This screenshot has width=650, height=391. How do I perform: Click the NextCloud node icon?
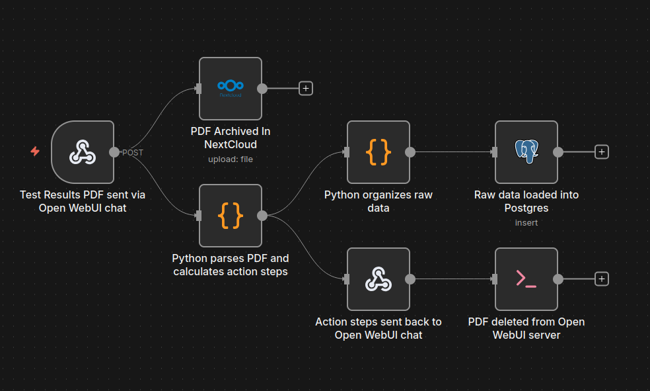(x=231, y=88)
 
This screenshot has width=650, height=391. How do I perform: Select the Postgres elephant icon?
(x=526, y=152)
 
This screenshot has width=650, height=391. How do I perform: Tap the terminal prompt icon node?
(x=526, y=279)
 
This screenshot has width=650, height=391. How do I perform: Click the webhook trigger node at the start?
(x=83, y=152)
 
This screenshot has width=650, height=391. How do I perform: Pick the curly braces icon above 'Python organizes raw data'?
(x=379, y=152)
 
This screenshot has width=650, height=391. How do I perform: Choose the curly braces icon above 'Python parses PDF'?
(x=231, y=215)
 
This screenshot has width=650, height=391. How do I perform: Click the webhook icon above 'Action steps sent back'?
(x=379, y=279)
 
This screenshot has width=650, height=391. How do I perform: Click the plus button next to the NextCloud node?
(x=305, y=88)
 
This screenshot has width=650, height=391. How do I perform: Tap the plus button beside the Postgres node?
(x=601, y=152)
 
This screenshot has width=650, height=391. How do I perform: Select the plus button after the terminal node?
(x=601, y=279)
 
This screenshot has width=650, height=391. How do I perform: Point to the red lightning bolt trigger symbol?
(x=35, y=152)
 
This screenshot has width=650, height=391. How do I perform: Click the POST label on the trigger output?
(x=132, y=152)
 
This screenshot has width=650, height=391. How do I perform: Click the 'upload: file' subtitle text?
(x=231, y=159)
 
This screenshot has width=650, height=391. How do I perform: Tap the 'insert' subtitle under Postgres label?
(x=526, y=222)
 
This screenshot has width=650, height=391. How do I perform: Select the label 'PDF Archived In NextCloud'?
(x=231, y=138)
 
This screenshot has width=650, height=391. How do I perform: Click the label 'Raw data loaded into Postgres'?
(x=526, y=201)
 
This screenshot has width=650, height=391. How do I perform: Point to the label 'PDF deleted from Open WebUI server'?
(x=526, y=328)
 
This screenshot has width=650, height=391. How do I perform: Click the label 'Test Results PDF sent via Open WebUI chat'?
(x=83, y=201)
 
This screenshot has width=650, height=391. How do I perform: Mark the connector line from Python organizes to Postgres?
(x=452, y=152)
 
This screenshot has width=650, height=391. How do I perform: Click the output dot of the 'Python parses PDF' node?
(x=262, y=215)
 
